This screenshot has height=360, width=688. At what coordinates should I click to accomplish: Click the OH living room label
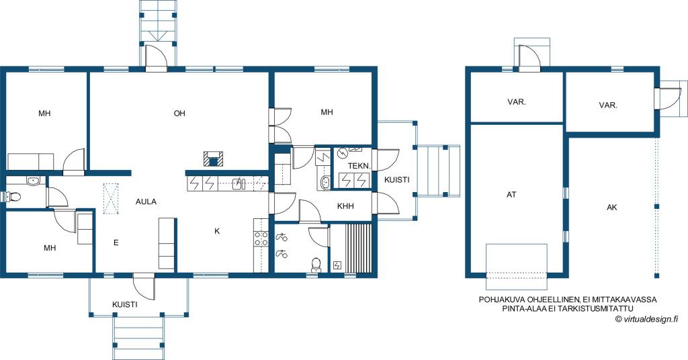[179, 113]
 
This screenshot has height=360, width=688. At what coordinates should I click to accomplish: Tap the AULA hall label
[146, 201]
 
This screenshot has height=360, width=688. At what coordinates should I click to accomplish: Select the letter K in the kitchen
[217, 231]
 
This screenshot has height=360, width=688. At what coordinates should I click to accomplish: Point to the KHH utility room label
[345, 206]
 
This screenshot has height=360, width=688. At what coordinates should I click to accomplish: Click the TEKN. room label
[359, 166]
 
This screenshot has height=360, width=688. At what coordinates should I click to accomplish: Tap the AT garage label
[511, 194]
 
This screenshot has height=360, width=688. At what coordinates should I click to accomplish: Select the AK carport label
[611, 208]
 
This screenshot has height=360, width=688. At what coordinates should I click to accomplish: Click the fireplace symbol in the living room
[213, 159]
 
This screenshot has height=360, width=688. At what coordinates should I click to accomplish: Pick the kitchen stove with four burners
[261, 238]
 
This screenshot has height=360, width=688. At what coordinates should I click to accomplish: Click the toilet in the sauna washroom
[316, 265]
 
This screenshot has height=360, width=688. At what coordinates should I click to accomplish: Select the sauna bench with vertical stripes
[359, 249]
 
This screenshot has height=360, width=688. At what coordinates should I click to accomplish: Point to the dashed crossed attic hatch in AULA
[112, 198]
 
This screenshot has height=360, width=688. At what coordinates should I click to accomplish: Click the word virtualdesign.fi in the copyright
[650, 319]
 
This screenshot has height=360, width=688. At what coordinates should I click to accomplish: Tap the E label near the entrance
[116, 242]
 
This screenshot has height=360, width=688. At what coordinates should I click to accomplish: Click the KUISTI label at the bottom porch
[124, 304]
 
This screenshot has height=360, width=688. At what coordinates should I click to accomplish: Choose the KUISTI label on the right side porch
[396, 180]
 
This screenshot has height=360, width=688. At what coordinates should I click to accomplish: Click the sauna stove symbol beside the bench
[337, 265]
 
